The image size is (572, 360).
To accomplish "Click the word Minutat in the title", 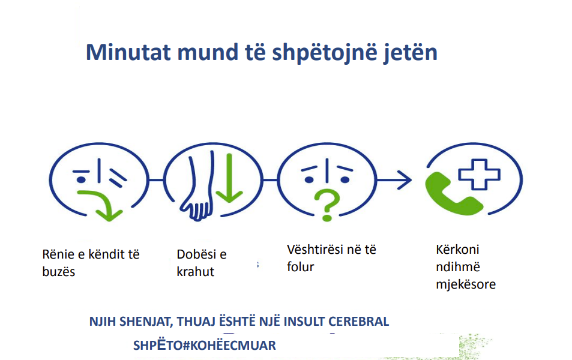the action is pyautogui.click(x=128, y=52).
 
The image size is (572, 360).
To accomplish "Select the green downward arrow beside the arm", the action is pyautogui.click(x=229, y=178).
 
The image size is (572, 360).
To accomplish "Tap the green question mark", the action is pyautogui.click(x=327, y=205).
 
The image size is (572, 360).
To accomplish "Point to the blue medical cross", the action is pyautogui.click(x=480, y=175).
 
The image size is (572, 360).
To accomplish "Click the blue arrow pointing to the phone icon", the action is pyautogui.click(x=394, y=180).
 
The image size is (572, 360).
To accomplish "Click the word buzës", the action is pyautogui.click(x=59, y=272).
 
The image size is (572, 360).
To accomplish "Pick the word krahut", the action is pyautogui.click(x=196, y=272).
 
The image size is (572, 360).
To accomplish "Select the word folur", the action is pyautogui.click(x=300, y=267).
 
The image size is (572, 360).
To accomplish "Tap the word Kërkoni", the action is pyautogui.click(x=457, y=250).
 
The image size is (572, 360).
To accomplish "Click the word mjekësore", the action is pyautogui.click(x=466, y=284).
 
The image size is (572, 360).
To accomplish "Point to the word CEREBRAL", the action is pyautogui.click(x=358, y=322).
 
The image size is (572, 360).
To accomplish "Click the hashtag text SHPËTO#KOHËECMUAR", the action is pyautogui.click(x=205, y=345).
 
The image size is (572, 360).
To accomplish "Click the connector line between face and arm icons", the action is pyautogui.click(x=156, y=180).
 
